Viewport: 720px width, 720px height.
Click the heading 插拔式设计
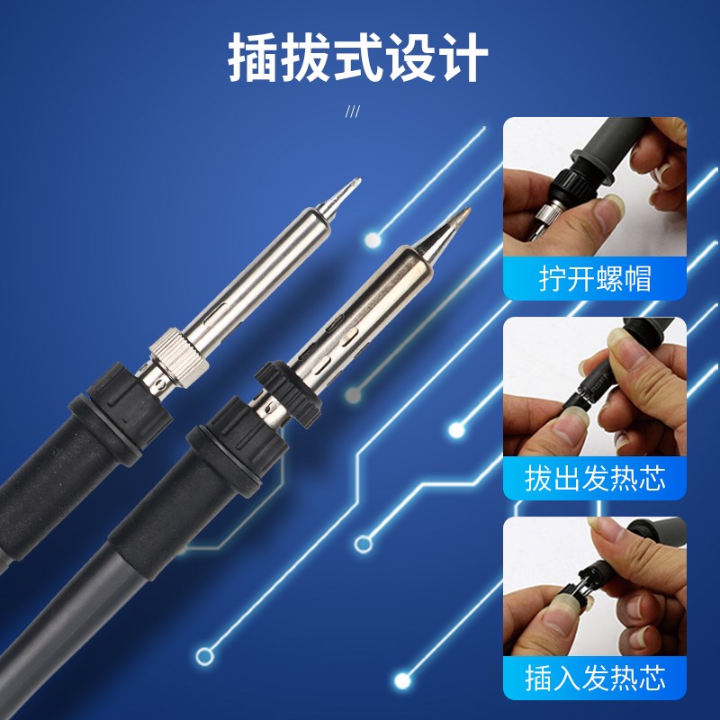coord(358,58)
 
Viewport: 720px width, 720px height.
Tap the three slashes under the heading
coord(353,112)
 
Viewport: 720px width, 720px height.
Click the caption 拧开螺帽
coord(595,278)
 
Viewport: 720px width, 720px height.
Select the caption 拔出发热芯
coord(595,477)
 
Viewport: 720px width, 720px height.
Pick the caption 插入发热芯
coord(595,676)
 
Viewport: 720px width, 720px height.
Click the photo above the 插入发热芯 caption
coord(595,585)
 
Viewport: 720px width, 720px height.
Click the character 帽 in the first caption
coord(635,278)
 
